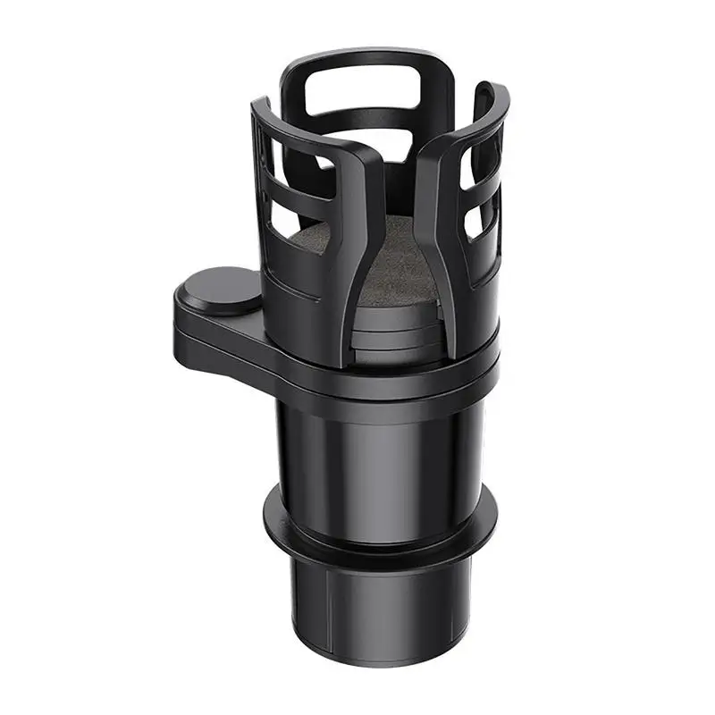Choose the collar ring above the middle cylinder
pos(384,375)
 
